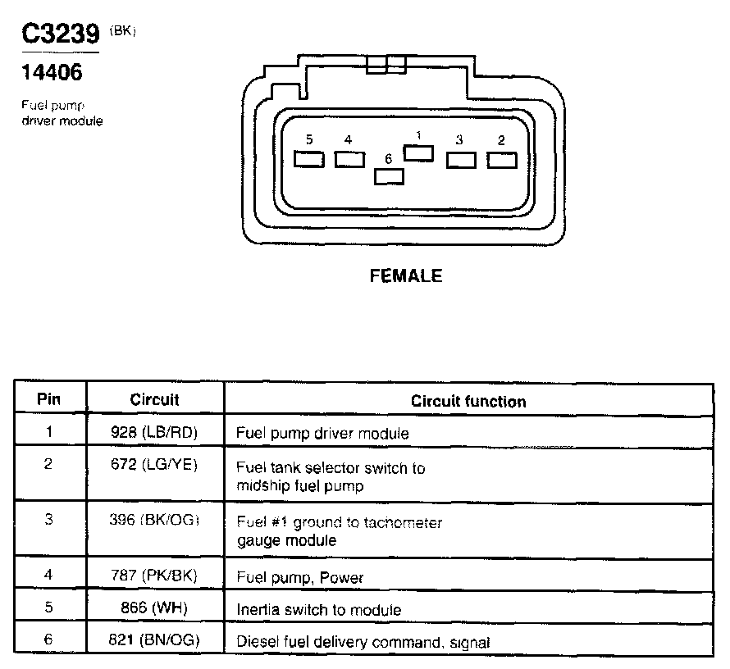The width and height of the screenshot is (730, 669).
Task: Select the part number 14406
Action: click(x=51, y=73)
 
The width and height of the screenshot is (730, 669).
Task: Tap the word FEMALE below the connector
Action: click(x=406, y=276)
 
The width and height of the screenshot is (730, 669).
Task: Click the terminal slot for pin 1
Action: click(x=418, y=152)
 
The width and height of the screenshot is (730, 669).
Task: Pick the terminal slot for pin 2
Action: click(x=502, y=159)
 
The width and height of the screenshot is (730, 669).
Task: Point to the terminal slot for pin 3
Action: click(x=461, y=159)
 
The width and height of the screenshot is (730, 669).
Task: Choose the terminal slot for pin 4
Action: click(x=349, y=159)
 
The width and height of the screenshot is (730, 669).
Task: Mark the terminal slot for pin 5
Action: click(x=308, y=159)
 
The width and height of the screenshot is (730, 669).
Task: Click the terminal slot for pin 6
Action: click(x=389, y=175)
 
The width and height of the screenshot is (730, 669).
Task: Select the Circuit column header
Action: click(x=154, y=400)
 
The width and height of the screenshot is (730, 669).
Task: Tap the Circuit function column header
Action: click(x=468, y=401)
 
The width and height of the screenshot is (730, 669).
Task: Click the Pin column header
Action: click(x=49, y=400)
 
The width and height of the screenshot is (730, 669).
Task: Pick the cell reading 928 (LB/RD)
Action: click(x=154, y=431)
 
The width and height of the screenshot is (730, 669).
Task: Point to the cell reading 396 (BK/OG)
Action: click(x=154, y=521)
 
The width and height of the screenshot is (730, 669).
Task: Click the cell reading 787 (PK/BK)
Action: click(x=154, y=576)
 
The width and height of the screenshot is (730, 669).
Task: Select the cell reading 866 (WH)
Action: click(x=154, y=608)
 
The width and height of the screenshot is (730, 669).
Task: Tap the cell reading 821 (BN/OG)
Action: click(x=154, y=641)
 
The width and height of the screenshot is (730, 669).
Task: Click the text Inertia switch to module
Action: click(x=318, y=609)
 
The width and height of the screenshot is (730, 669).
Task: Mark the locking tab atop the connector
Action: click(x=386, y=65)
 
